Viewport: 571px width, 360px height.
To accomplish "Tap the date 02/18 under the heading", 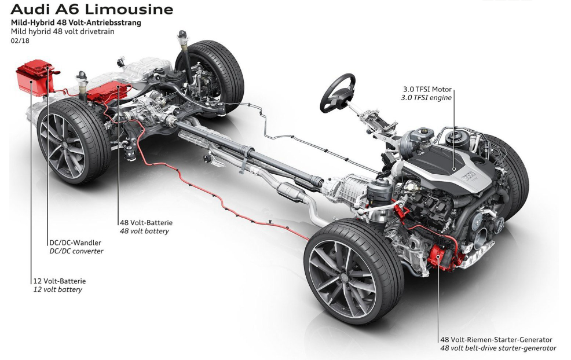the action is point(20,41).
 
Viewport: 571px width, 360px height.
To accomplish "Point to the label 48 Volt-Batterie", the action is point(146,222).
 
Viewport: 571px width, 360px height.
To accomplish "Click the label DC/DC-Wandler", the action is point(75,243).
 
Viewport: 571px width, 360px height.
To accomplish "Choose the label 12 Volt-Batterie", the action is point(59,281).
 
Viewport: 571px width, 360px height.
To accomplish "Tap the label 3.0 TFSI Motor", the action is point(427,89).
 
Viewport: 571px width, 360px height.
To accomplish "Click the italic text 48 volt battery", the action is point(145,231).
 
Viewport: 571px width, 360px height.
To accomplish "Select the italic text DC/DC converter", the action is point(76,251).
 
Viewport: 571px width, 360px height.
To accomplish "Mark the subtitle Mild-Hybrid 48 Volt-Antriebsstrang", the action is point(76,23).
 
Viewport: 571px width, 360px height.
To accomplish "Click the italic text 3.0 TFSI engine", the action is point(426,98).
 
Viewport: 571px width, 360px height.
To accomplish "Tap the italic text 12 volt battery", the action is point(58,290).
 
